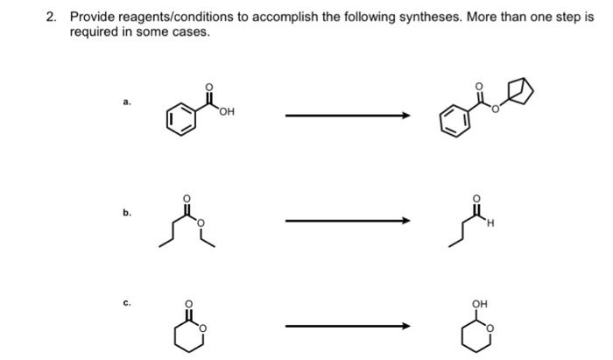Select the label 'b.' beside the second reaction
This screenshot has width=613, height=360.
(x=127, y=212)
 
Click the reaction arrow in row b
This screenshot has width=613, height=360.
(x=347, y=220)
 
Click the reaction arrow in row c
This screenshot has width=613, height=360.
(x=347, y=327)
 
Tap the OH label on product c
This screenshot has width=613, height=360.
(x=479, y=303)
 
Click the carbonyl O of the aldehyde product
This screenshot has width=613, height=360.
(x=477, y=199)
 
